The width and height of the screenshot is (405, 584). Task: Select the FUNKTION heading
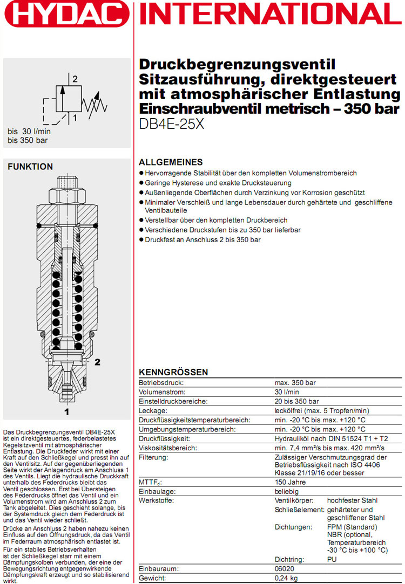click(30, 167)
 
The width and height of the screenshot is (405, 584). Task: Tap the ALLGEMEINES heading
click(171, 162)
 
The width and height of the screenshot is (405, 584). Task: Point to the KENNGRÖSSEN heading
click(173, 373)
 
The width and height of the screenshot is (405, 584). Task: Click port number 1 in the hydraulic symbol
click(75, 116)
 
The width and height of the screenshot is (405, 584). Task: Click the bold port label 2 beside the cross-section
click(98, 362)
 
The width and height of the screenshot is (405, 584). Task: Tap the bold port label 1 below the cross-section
click(67, 413)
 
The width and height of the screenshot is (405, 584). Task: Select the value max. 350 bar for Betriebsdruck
click(295, 383)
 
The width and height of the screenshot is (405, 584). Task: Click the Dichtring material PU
click(333, 559)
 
